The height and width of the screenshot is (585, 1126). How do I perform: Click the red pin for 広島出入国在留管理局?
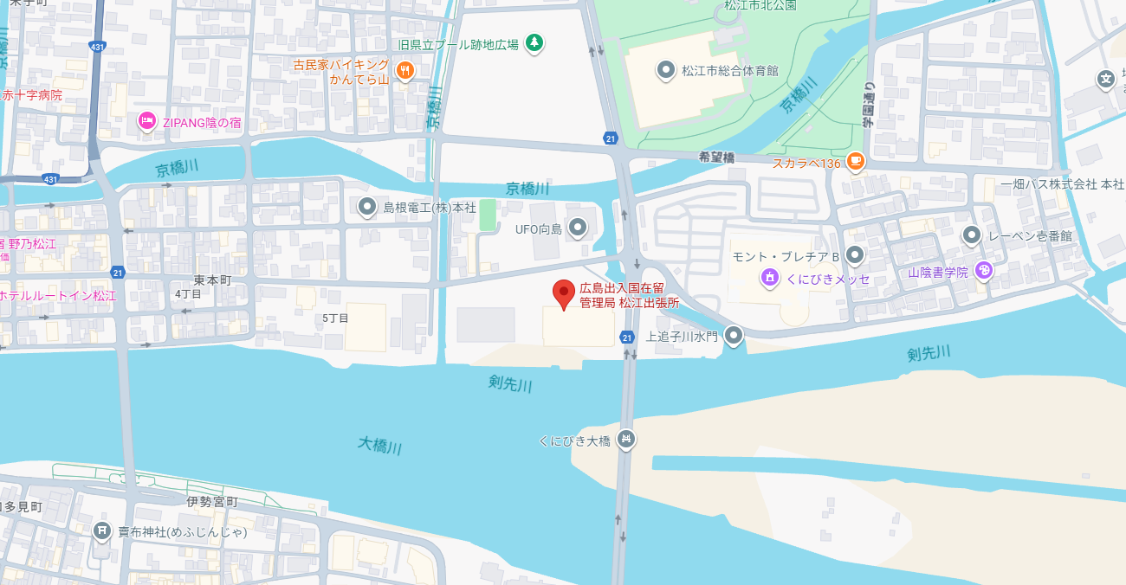pos(564,293)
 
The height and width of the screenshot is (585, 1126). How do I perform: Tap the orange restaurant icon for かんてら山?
pos(404,71)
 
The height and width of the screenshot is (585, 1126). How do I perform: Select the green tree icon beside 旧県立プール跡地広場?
pos(535,42)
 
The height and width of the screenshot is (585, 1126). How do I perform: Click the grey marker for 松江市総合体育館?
pos(665,70)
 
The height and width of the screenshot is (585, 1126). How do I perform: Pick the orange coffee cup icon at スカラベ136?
pos(855,161)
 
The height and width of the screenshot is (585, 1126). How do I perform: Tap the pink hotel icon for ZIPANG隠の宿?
pos(146,122)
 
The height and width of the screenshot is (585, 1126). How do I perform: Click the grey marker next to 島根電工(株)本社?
pos(367,207)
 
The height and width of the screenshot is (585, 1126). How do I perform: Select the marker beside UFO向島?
pos(578,228)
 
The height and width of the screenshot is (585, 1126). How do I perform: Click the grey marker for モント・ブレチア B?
pos(855,254)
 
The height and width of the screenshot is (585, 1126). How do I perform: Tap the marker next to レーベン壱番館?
pos(972,235)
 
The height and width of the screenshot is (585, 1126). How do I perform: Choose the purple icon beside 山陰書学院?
pos(983,271)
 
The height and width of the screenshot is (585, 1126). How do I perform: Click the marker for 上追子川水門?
pos(734,335)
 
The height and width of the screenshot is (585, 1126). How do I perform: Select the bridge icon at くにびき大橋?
pos(626,440)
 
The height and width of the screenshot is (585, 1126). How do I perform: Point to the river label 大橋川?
pos(380,447)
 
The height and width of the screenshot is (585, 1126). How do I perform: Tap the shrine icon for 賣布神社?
pos(102,530)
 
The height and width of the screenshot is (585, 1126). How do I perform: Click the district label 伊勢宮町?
pos(212,502)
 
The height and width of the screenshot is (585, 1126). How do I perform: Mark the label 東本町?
pos(212,280)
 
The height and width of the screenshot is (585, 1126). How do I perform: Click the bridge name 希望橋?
pos(716,157)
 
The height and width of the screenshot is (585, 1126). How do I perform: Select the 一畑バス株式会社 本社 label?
pos(1062,184)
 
